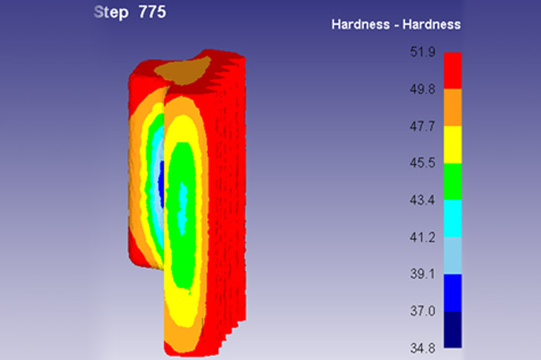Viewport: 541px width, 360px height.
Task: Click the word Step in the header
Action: pyautogui.click(x=111, y=13)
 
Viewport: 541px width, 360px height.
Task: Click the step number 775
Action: pyautogui.click(x=152, y=12)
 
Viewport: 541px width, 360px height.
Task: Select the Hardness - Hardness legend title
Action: pyautogui.click(x=396, y=25)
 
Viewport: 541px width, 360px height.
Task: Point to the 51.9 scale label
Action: pyautogui.click(x=423, y=52)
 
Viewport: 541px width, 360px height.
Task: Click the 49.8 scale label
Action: pyautogui.click(x=423, y=90)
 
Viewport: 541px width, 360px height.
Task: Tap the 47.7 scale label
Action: pyautogui.click(x=423, y=126)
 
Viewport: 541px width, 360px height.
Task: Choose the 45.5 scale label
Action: pyautogui.click(x=423, y=163)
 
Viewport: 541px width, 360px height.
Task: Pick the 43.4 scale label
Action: pyautogui.click(x=423, y=200)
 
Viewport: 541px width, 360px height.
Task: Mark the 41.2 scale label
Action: pyautogui.click(x=423, y=237)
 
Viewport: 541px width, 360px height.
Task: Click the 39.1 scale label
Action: pyautogui.click(x=423, y=274)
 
